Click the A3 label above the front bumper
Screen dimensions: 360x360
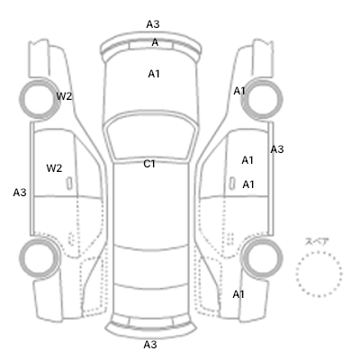(153, 24)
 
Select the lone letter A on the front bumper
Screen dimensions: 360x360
(155, 42)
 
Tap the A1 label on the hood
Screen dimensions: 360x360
(154, 74)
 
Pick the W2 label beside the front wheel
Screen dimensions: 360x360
(64, 96)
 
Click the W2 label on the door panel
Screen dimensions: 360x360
(54, 168)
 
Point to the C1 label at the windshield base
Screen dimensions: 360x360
(149, 164)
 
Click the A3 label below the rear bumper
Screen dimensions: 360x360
(150, 345)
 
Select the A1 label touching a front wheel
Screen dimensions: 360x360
(239, 91)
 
